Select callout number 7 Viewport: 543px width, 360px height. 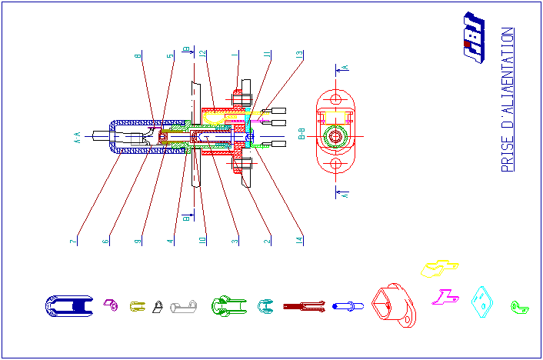point(74,242)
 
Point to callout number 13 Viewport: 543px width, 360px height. point(299,55)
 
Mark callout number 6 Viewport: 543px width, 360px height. point(105,242)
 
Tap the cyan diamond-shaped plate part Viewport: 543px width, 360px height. point(482,301)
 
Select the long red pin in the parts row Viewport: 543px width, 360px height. point(305,306)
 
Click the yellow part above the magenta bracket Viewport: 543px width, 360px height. point(439,268)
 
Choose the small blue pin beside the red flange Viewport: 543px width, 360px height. point(348,306)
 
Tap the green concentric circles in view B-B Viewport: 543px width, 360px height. point(335,137)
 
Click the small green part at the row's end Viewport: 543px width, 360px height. point(520,308)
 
